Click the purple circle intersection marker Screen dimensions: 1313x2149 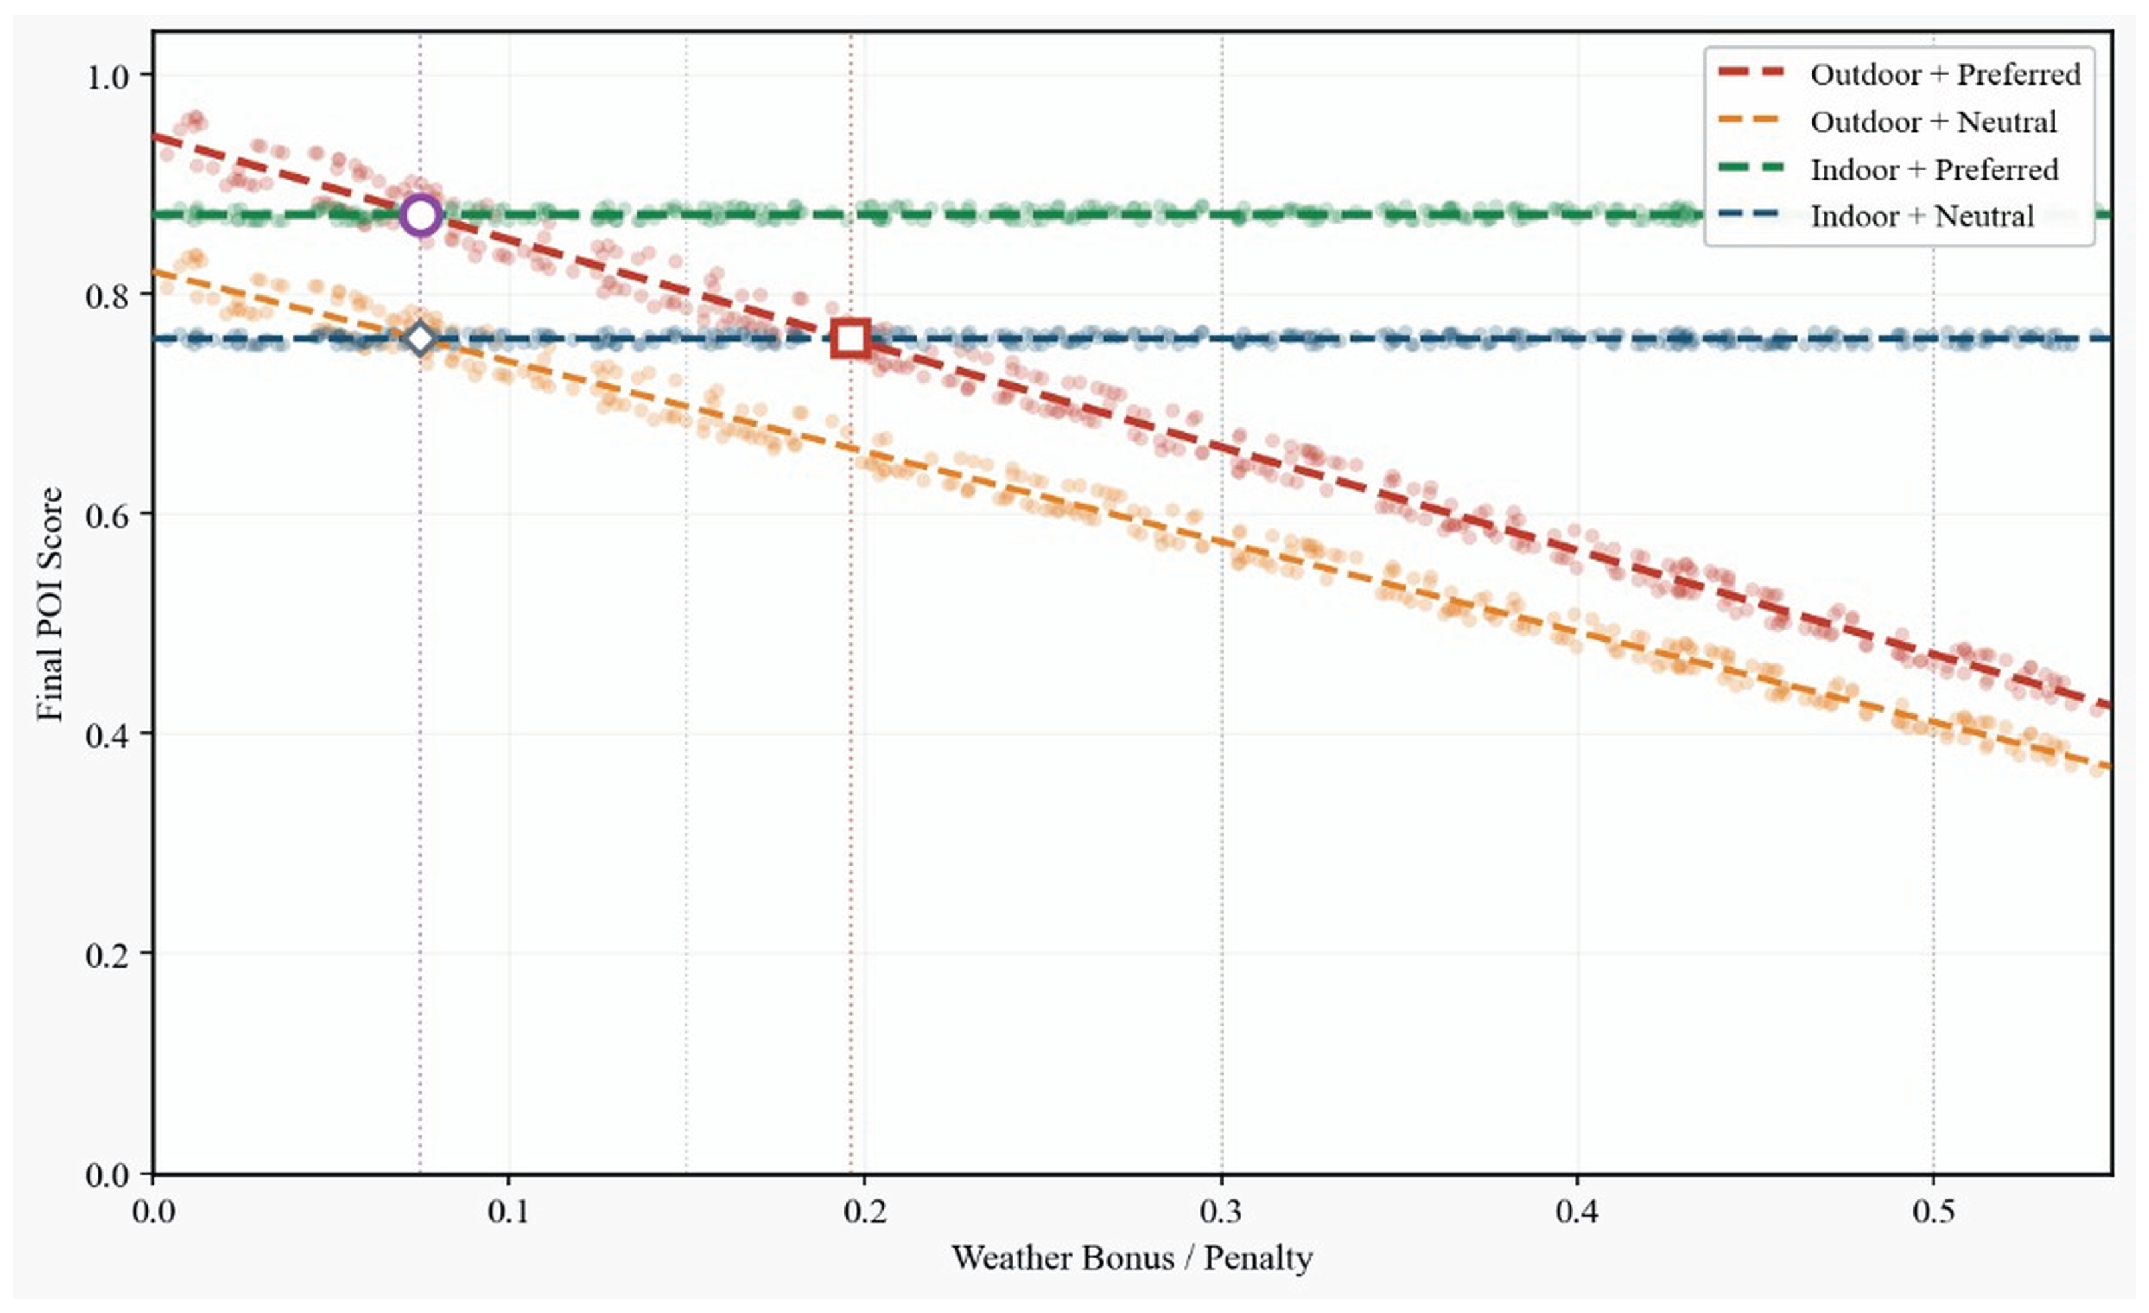(x=420, y=214)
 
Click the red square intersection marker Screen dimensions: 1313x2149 (x=850, y=339)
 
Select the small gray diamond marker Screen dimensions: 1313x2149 (x=420, y=339)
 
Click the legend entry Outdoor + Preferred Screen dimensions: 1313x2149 (x=1945, y=74)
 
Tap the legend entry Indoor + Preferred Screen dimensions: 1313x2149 (x=1933, y=169)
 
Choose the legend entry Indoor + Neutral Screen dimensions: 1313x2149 (x=1921, y=216)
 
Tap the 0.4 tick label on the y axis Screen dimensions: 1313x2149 (x=107, y=735)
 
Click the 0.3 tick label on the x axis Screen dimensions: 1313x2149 (x=1221, y=1211)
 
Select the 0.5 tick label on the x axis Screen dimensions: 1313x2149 (x=1933, y=1211)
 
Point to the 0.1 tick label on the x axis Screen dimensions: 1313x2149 (x=508, y=1211)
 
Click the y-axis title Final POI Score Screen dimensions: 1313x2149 (x=50, y=604)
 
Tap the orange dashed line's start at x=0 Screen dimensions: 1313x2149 (x=155, y=272)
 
